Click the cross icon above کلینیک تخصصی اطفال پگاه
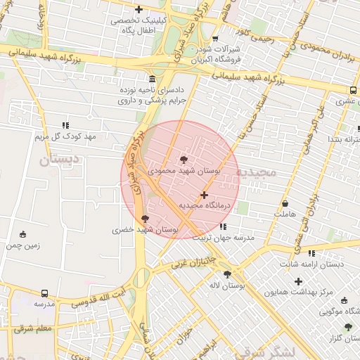tap(139, 10)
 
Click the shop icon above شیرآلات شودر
tap(214, 39)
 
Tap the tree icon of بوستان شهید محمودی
tap(184, 160)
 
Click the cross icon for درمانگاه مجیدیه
tap(204, 195)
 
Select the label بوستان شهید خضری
tap(145, 230)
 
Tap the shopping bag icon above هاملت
tap(285, 202)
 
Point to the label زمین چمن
tap(23, 246)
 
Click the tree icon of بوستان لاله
tap(227, 274)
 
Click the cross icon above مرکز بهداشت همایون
tap(298, 281)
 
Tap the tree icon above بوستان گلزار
tap(347, 327)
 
